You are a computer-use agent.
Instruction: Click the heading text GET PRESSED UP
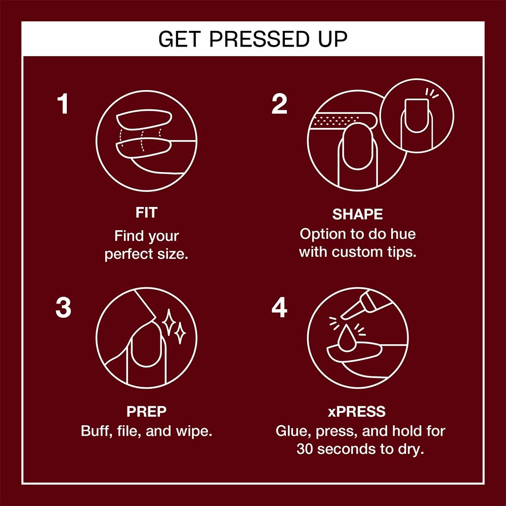click(253, 39)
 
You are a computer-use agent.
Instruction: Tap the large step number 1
click(62, 104)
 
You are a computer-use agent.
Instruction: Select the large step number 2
click(279, 104)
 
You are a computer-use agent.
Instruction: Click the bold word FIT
click(146, 213)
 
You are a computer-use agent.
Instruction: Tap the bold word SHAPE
click(357, 214)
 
